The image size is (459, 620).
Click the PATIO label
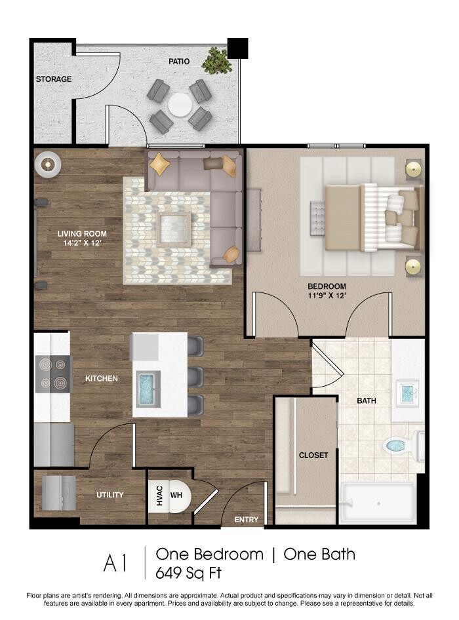[x=179, y=62]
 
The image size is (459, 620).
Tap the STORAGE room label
[x=54, y=79]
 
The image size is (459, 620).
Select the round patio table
[x=180, y=105]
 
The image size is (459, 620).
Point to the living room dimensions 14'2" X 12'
[x=83, y=242]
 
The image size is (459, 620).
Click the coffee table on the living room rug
[x=174, y=229]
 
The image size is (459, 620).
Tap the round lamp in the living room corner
[x=47, y=164]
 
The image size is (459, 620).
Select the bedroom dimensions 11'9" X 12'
[x=327, y=296]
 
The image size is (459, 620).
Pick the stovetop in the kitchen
[x=53, y=374]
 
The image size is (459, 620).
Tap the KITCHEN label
[x=102, y=378]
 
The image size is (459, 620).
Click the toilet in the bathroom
[x=404, y=446]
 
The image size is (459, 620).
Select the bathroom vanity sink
[x=407, y=392]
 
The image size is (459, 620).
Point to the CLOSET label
[x=313, y=455]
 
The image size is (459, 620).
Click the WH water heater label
[x=176, y=495]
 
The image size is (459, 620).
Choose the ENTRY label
[x=246, y=520]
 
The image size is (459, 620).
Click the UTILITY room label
[x=110, y=495]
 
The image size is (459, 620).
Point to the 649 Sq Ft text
[x=188, y=573]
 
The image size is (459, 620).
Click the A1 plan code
[x=115, y=563]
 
